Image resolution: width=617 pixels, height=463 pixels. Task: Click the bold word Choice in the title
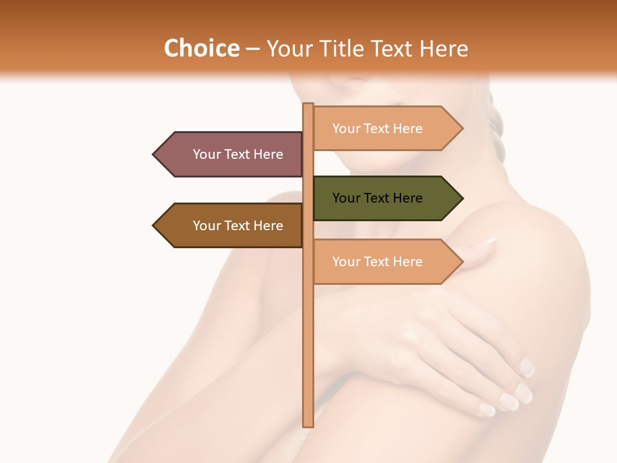coord(201,48)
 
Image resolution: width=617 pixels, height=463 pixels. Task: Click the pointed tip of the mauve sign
coord(155,154)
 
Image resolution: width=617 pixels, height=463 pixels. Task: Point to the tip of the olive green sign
coord(461,198)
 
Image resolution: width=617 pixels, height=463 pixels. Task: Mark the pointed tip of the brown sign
coord(155,226)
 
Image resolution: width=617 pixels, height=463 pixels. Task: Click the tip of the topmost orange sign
coord(461,129)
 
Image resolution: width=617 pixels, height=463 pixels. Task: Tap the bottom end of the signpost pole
coord(308,424)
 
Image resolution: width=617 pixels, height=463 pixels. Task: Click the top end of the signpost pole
coord(308,105)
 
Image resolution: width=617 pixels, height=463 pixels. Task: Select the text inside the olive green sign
coord(377,198)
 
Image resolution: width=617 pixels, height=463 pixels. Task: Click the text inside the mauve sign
coord(238,154)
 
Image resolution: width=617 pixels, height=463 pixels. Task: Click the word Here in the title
coord(443,48)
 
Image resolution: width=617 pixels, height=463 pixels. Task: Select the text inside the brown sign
coord(238,226)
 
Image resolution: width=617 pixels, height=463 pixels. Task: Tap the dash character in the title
coord(253,49)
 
